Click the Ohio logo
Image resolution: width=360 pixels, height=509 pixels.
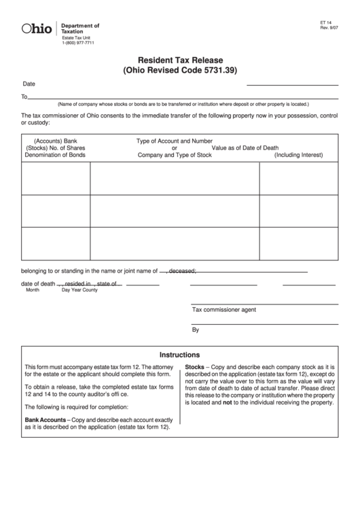tap(37, 29)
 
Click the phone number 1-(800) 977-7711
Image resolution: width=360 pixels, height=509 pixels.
tap(78, 43)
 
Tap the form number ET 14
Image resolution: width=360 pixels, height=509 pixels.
tap(326, 22)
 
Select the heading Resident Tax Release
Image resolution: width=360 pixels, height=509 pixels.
tap(181, 60)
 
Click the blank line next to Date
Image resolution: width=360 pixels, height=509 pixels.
tap(292, 84)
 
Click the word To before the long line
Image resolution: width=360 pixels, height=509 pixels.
tap(24, 96)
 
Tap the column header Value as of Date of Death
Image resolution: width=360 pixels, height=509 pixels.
tap(245, 148)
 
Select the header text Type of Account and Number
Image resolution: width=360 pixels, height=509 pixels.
tap(175, 141)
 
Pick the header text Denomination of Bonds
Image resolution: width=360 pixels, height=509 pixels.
tap(55, 156)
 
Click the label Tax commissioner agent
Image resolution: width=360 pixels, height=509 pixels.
tap(224, 309)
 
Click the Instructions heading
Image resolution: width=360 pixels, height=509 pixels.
tap(179, 355)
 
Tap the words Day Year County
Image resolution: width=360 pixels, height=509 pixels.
tap(79, 290)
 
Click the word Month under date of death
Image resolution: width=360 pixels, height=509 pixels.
tap(33, 290)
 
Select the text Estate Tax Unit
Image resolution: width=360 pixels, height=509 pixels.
tap(76, 37)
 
